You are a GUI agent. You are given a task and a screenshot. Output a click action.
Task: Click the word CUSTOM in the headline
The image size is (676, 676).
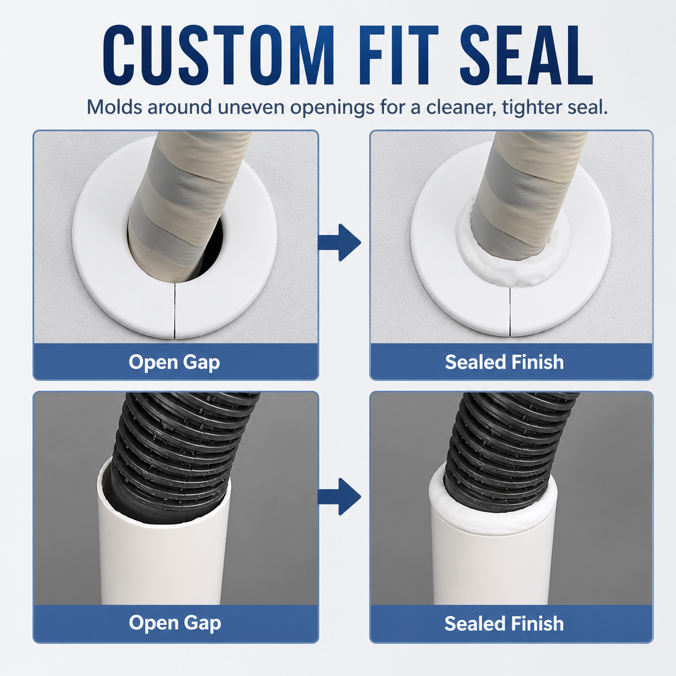tap(218, 55)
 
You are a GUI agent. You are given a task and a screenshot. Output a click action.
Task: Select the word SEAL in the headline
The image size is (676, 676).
tap(526, 55)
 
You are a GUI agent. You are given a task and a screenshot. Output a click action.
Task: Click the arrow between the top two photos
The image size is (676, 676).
tap(339, 243)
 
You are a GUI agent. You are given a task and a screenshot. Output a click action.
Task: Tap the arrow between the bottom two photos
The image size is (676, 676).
tap(339, 496)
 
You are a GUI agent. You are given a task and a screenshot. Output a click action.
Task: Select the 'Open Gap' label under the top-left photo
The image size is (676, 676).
tap(174, 362)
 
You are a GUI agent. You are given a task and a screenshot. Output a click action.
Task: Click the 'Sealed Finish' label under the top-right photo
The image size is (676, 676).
tap(505, 362)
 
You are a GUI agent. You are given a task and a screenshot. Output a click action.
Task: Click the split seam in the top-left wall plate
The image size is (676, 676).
tap(174, 311)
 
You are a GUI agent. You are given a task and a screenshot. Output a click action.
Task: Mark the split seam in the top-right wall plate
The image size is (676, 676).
tap(510, 311)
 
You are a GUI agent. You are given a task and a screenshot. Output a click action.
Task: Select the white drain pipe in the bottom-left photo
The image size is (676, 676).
tap(163, 561)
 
